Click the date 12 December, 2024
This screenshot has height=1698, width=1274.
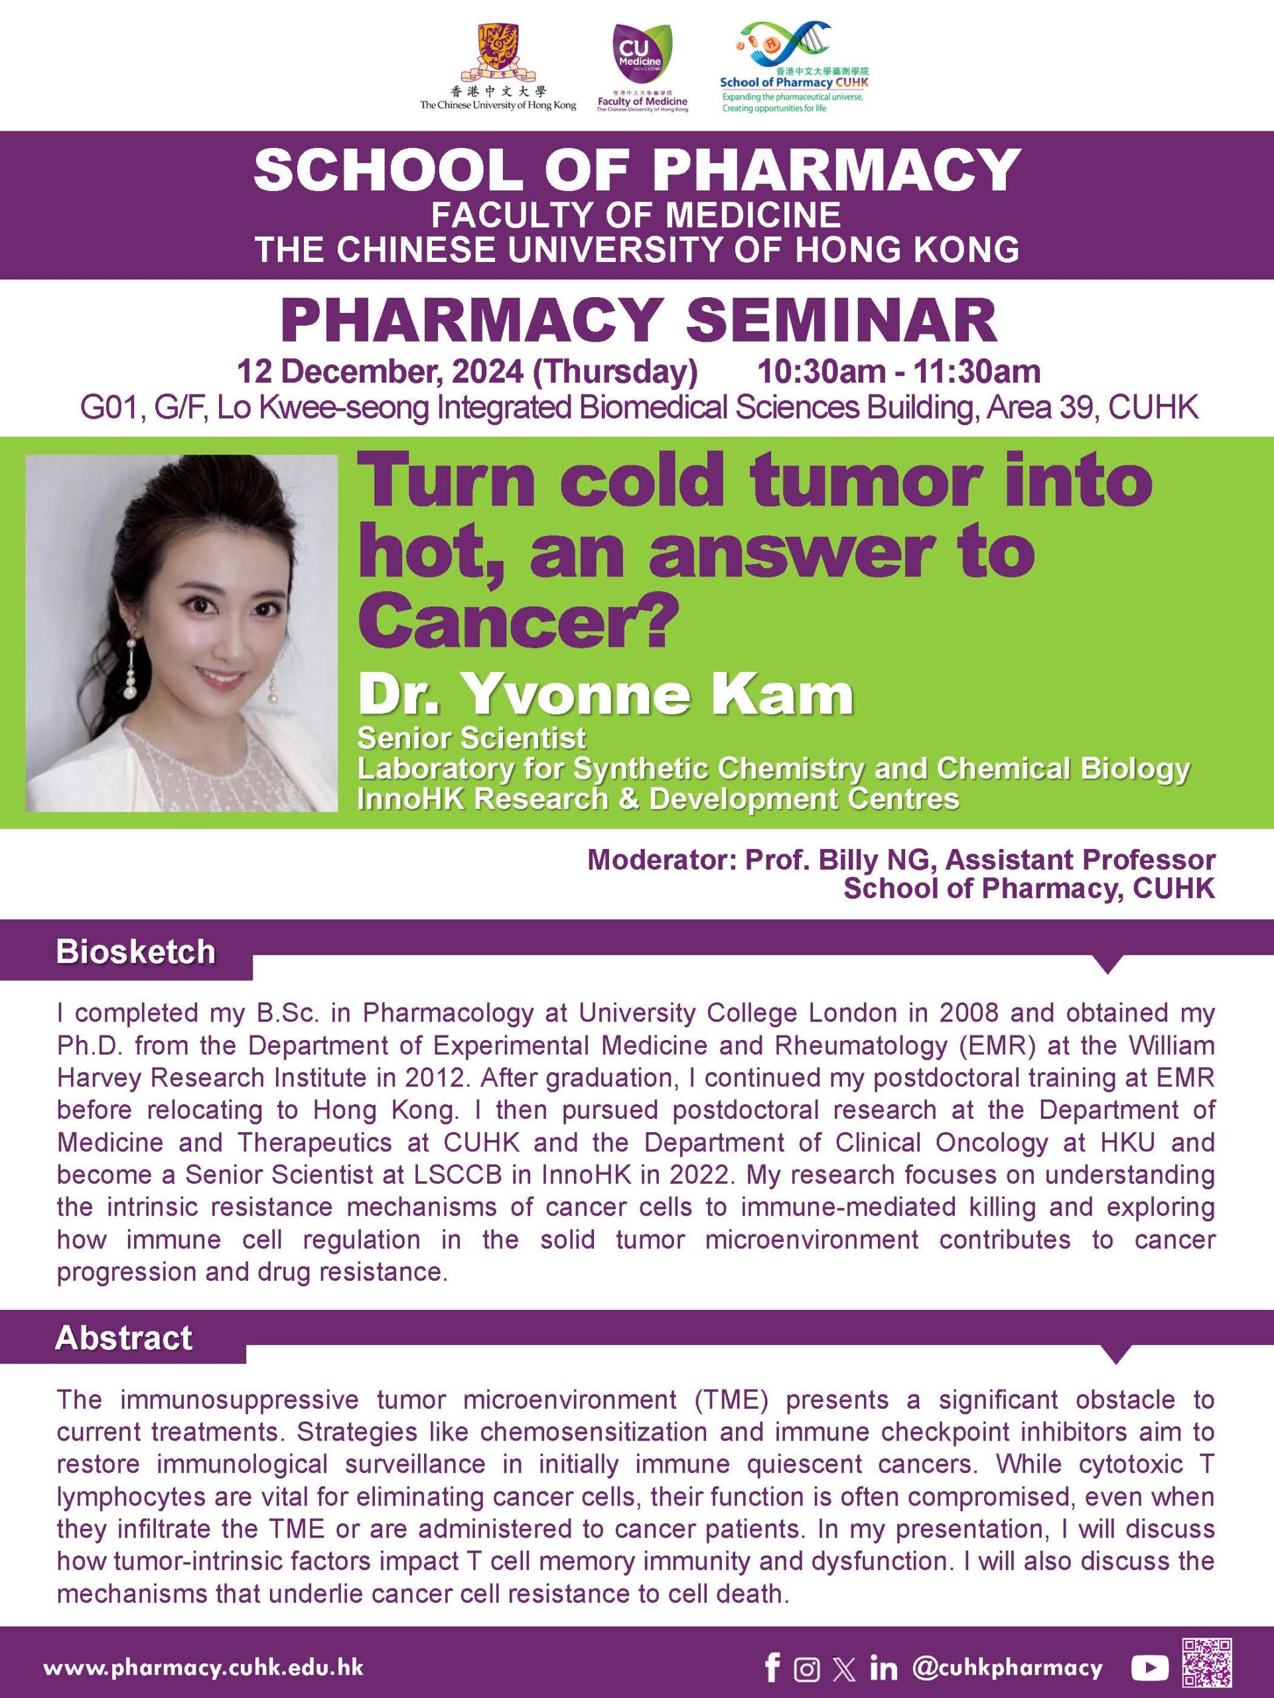tap(380, 372)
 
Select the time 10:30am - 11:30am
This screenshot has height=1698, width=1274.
tap(899, 371)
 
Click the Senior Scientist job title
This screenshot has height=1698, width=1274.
tap(472, 738)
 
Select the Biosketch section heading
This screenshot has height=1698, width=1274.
tap(135, 952)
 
